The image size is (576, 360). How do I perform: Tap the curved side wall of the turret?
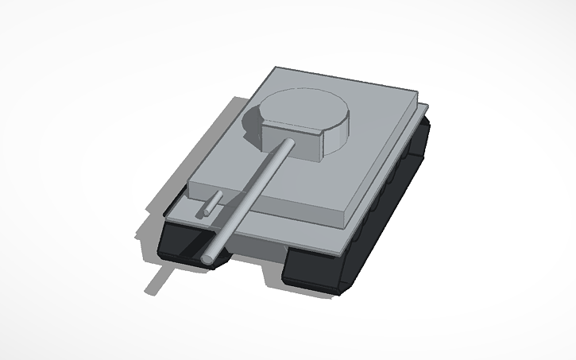pyautogui.click(x=338, y=140)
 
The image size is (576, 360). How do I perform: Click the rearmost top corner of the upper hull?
pyautogui.click(x=275, y=69)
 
